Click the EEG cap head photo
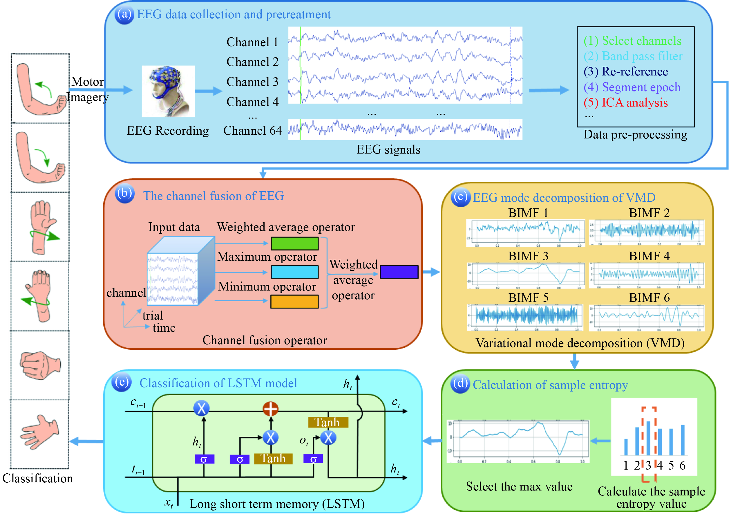168,91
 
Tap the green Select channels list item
632,41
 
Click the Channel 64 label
252,131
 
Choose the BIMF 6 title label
649,297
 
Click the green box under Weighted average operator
294,244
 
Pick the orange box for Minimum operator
294,302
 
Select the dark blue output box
399,272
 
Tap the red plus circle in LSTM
271,409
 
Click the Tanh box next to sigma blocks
273,459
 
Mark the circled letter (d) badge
460,383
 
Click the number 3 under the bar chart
649,466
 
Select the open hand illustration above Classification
40,432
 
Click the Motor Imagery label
87,89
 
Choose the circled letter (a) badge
124,15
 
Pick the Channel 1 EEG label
252,42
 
